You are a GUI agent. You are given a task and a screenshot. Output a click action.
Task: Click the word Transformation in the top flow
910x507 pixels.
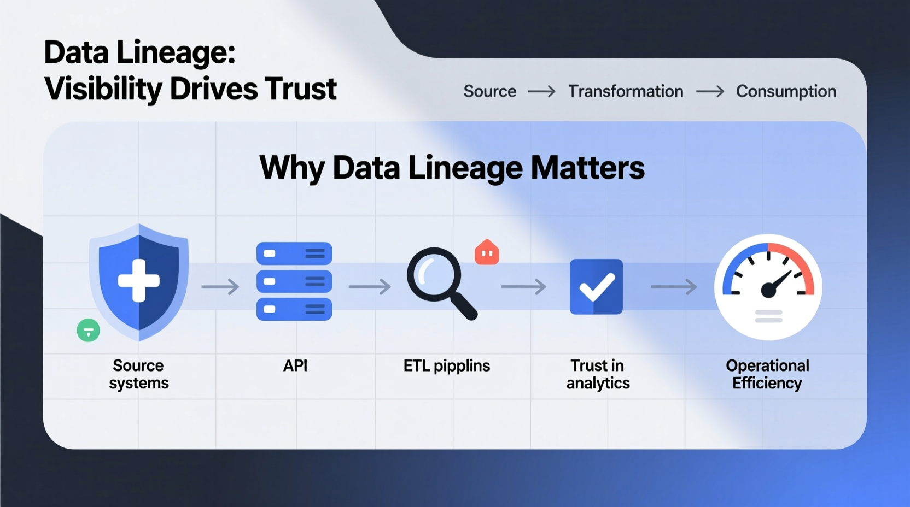pos(626,91)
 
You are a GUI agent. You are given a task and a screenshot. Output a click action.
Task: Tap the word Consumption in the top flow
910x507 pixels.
pos(786,91)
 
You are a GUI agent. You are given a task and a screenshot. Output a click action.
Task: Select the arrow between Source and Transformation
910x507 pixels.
pos(541,91)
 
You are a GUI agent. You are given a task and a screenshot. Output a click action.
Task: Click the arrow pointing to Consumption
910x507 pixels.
pos(710,91)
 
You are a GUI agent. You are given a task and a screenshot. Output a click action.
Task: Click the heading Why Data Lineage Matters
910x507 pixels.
pos(452,168)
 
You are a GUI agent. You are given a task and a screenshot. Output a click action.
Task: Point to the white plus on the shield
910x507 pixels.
pos(139,281)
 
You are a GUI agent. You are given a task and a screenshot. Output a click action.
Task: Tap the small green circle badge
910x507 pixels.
pos(88,331)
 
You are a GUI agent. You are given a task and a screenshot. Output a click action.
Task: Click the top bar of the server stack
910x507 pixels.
pos(294,253)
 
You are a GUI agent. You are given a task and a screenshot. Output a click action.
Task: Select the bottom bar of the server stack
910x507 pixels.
pos(294,309)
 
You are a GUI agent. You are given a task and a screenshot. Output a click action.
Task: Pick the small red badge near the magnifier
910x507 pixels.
pos(487,252)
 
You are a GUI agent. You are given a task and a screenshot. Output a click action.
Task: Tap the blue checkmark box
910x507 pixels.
pos(596,287)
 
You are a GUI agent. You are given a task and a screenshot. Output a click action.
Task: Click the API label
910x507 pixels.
pos(295,365)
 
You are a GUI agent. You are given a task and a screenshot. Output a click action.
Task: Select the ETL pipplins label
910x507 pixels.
pos(446,365)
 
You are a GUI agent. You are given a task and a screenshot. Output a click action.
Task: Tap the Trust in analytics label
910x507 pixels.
pos(598,374)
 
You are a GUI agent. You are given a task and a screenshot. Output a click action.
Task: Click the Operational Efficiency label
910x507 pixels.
pos(767,374)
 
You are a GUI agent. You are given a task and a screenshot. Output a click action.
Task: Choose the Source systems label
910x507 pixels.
pos(139,374)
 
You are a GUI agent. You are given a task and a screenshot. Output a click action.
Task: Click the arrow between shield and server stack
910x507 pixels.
pos(220,287)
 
